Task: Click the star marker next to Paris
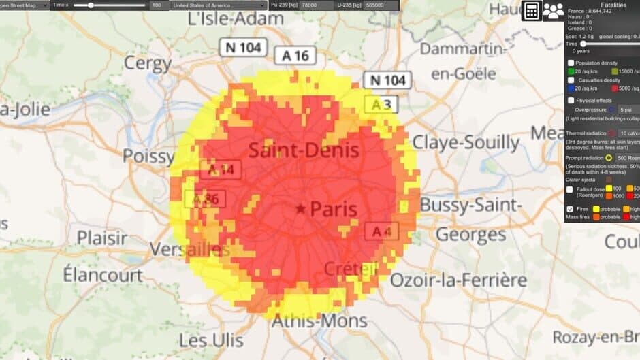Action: click(300, 210)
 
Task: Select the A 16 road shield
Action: click(295, 56)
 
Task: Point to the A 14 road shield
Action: click(221, 169)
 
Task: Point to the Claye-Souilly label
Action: click(466, 142)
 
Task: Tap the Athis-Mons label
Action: click(320, 321)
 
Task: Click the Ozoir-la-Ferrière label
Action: click(458, 279)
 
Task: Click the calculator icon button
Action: click(531, 11)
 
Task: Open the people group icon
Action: click(553, 11)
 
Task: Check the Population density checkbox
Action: click(571, 63)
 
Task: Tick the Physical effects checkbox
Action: click(571, 100)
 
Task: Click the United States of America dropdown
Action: click(210, 5)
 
